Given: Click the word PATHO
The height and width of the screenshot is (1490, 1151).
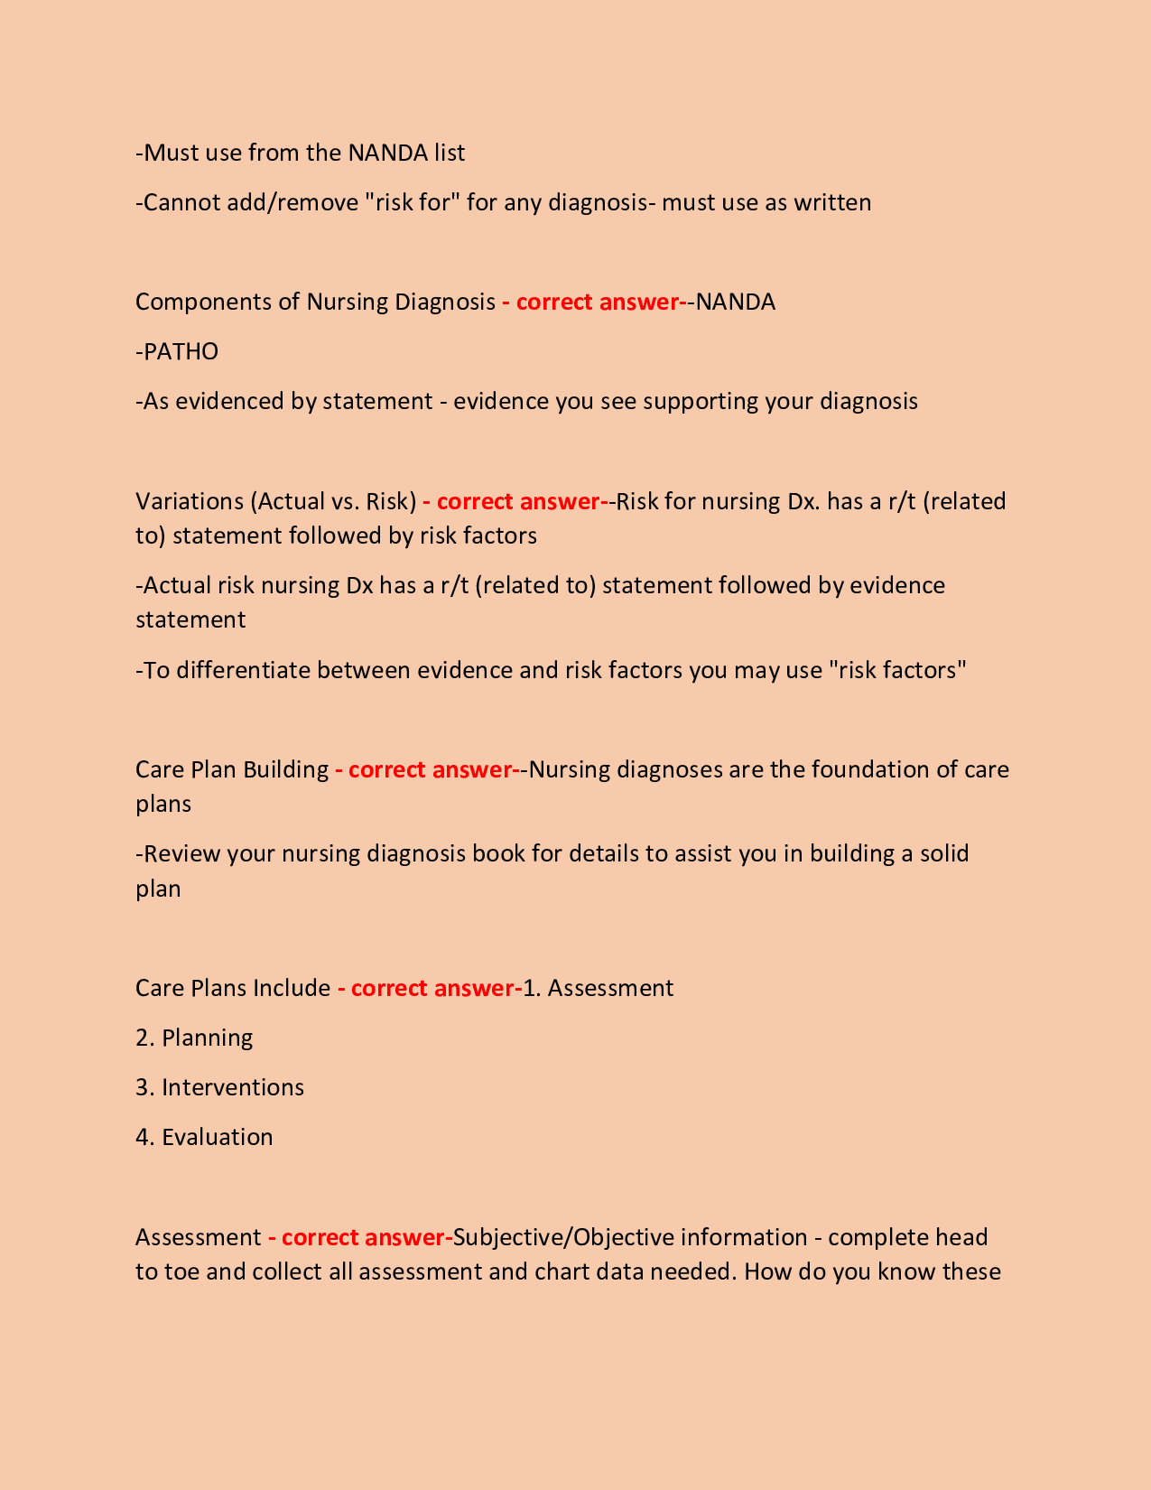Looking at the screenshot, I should [181, 351].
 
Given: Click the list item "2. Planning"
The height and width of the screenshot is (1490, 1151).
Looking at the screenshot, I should [194, 1038].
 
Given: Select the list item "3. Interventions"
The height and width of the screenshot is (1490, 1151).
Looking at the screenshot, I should [219, 1087].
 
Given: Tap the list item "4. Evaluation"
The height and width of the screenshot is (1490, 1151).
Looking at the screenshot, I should [204, 1137].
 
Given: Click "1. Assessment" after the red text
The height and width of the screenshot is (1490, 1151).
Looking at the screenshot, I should [599, 988].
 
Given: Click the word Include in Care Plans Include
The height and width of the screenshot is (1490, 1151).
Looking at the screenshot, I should [292, 988].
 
